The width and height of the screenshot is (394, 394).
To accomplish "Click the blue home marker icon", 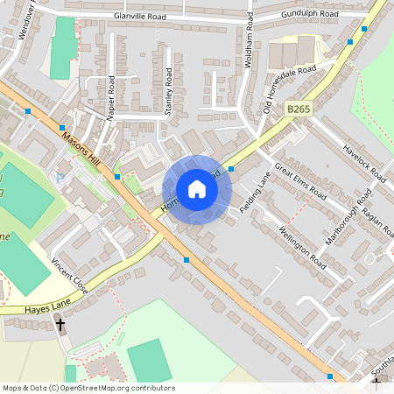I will coord(197,189).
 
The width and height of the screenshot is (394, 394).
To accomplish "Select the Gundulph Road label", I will coord(310,15).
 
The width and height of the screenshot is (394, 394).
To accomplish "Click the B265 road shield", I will coord(299,109).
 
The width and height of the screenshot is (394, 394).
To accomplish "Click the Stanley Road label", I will coord(169,93).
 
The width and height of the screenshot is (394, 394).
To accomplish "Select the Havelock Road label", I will coord(363,163).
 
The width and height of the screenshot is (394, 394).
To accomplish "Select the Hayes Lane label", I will coord(25,308).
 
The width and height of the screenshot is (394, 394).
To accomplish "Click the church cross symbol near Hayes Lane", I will coord(60,325).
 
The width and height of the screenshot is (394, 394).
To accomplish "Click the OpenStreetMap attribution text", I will coord(88,388).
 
